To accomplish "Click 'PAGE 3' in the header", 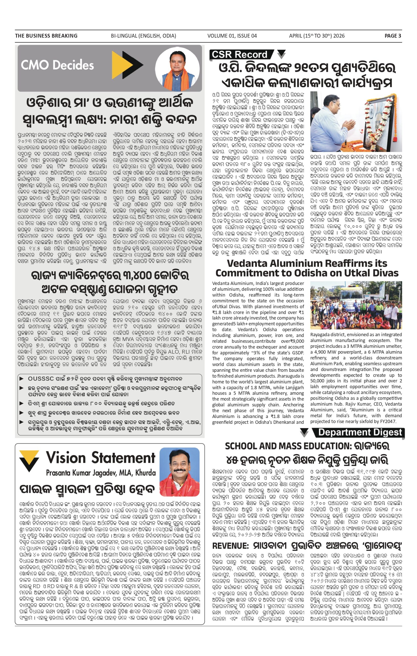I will coord(392,36).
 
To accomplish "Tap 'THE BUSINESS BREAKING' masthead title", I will coord(46,36).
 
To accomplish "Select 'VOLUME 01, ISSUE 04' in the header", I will coord(232,36).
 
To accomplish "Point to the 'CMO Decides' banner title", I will coord(57,65).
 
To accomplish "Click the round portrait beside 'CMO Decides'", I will coord(177,69).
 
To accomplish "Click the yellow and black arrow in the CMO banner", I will coord(127,65).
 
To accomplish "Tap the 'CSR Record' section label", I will coord(240,55).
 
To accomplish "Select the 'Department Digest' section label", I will coord(360,432).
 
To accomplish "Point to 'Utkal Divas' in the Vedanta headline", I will coord(373,273).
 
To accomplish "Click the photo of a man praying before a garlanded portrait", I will coord(356,122).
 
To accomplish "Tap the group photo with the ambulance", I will coord(356,305).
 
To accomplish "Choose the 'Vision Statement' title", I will coord(100,458).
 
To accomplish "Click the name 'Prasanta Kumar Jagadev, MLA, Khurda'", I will coord(101,473).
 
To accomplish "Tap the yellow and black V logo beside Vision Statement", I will coord(29,461).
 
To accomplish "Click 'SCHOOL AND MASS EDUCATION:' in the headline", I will coord(287,446).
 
